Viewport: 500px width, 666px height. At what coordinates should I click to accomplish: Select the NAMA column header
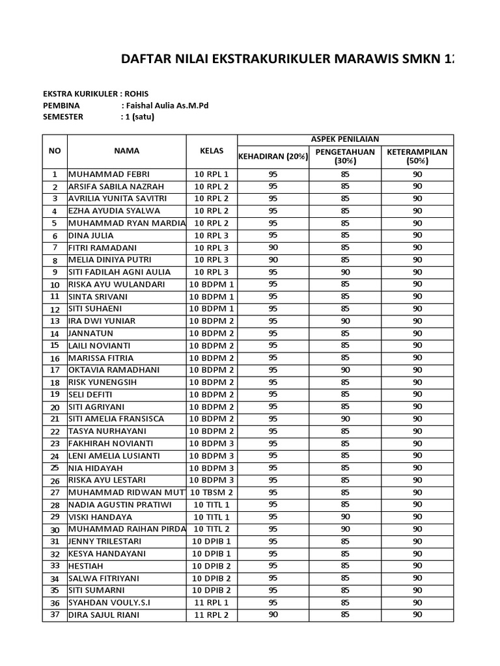(x=127, y=151)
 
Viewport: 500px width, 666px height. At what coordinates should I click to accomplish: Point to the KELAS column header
(x=212, y=151)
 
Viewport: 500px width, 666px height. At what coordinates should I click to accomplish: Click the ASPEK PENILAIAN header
(x=346, y=139)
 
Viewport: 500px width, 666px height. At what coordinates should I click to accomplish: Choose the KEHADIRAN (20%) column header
(x=273, y=157)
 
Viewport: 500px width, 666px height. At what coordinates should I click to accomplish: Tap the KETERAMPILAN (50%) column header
(x=417, y=156)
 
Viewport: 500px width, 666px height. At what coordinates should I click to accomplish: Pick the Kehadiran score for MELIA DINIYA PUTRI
(x=273, y=260)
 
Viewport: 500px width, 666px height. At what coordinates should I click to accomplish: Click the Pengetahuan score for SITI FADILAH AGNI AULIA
(x=345, y=272)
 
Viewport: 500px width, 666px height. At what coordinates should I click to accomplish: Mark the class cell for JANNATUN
(x=212, y=333)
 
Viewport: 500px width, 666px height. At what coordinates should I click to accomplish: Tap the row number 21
(x=55, y=419)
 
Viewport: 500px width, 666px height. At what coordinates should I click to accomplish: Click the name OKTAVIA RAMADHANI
(x=110, y=370)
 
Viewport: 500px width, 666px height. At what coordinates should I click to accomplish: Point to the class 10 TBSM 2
(x=212, y=492)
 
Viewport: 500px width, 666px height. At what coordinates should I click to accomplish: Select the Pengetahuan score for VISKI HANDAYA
(x=345, y=516)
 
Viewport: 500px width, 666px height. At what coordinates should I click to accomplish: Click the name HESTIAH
(x=87, y=566)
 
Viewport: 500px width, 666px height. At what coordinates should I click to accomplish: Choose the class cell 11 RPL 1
(x=212, y=603)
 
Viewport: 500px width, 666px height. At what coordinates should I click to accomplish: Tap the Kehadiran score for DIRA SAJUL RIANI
(x=273, y=615)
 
